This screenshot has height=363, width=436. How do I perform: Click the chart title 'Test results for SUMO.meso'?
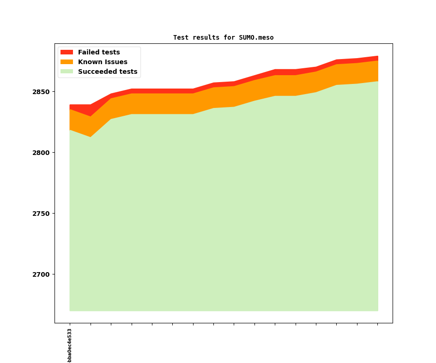tap(223, 38)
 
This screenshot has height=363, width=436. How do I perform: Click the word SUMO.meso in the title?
tap(256, 38)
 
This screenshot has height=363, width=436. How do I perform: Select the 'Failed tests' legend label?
tap(99, 53)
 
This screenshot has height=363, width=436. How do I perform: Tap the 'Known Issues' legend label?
tap(103, 62)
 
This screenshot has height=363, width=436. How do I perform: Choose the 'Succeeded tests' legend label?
tap(108, 72)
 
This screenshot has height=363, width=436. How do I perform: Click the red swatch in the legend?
tap(67, 53)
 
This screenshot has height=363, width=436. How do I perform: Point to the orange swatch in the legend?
tap(67, 62)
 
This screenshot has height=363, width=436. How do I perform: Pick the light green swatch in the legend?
tap(67, 72)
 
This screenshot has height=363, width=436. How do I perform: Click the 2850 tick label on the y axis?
tap(41, 92)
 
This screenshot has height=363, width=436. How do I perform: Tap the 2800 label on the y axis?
tap(41, 153)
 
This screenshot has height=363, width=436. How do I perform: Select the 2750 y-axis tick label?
tap(41, 214)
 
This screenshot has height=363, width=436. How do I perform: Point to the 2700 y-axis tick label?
tap(41, 274)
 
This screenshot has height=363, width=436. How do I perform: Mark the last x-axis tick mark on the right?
tap(377, 324)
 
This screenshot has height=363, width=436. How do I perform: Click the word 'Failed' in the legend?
tap(88, 53)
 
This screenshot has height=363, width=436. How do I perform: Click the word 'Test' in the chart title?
tap(181, 38)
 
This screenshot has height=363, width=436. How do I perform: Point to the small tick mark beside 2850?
tap(53, 92)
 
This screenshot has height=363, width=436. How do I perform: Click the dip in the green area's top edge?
tap(90, 137)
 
